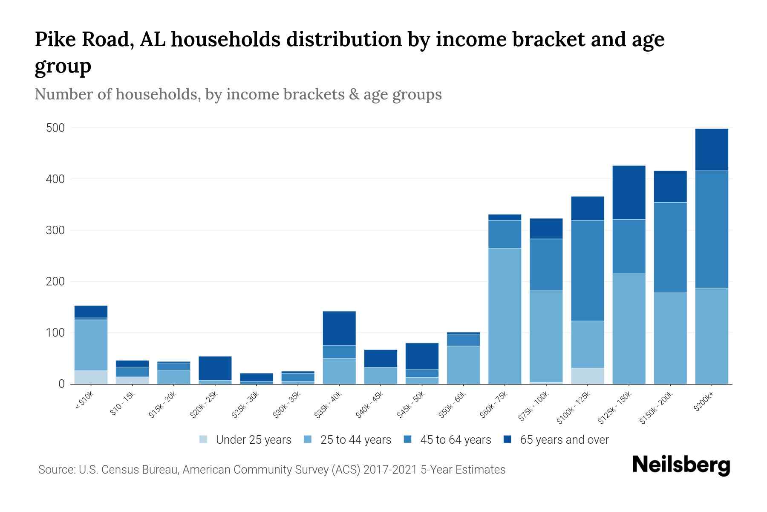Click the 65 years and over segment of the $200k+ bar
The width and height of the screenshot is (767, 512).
coord(711,149)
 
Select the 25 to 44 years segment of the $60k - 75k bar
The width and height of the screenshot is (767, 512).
coord(505,316)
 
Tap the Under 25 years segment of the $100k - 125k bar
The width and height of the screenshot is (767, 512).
coord(587,376)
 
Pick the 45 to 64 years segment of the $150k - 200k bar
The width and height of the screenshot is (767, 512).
coord(670,247)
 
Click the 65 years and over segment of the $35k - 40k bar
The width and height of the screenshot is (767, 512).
coord(339,328)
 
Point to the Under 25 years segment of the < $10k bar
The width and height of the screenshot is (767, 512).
coord(91,377)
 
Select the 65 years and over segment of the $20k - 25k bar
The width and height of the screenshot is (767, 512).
coord(215,368)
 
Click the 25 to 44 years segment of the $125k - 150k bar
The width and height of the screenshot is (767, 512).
coord(629,329)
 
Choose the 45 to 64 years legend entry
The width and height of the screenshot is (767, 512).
coord(447,440)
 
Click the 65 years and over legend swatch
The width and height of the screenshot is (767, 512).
coord(507,439)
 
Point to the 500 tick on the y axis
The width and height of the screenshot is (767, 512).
coord(55,128)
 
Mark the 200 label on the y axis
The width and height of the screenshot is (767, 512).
coord(55,282)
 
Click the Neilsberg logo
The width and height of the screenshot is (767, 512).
coord(681,465)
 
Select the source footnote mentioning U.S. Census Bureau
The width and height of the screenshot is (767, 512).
coord(271,470)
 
